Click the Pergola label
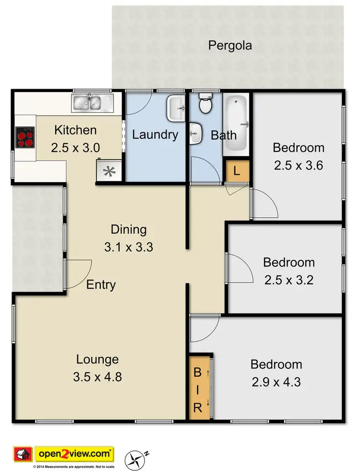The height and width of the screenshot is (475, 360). pyautogui.click(x=230, y=46)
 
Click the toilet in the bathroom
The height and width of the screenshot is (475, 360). pyautogui.click(x=205, y=103)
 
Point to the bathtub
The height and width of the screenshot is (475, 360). pyautogui.click(x=236, y=124)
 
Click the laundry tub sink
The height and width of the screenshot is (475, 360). pyautogui.click(x=176, y=109)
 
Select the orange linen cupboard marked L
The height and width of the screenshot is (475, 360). pyautogui.click(x=237, y=171)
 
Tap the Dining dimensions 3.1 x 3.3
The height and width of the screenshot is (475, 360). pyautogui.click(x=128, y=247)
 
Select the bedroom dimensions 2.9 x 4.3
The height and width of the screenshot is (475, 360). pyautogui.click(x=276, y=382)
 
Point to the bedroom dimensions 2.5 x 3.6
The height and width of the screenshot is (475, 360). pyautogui.click(x=298, y=165)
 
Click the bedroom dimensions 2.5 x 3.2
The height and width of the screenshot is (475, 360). pyautogui.click(x=288, y=280)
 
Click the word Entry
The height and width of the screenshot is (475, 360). pyautogui.click(x=101, y=285)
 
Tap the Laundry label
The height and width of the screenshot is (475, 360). pyautogui.click(x=155, y=135)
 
